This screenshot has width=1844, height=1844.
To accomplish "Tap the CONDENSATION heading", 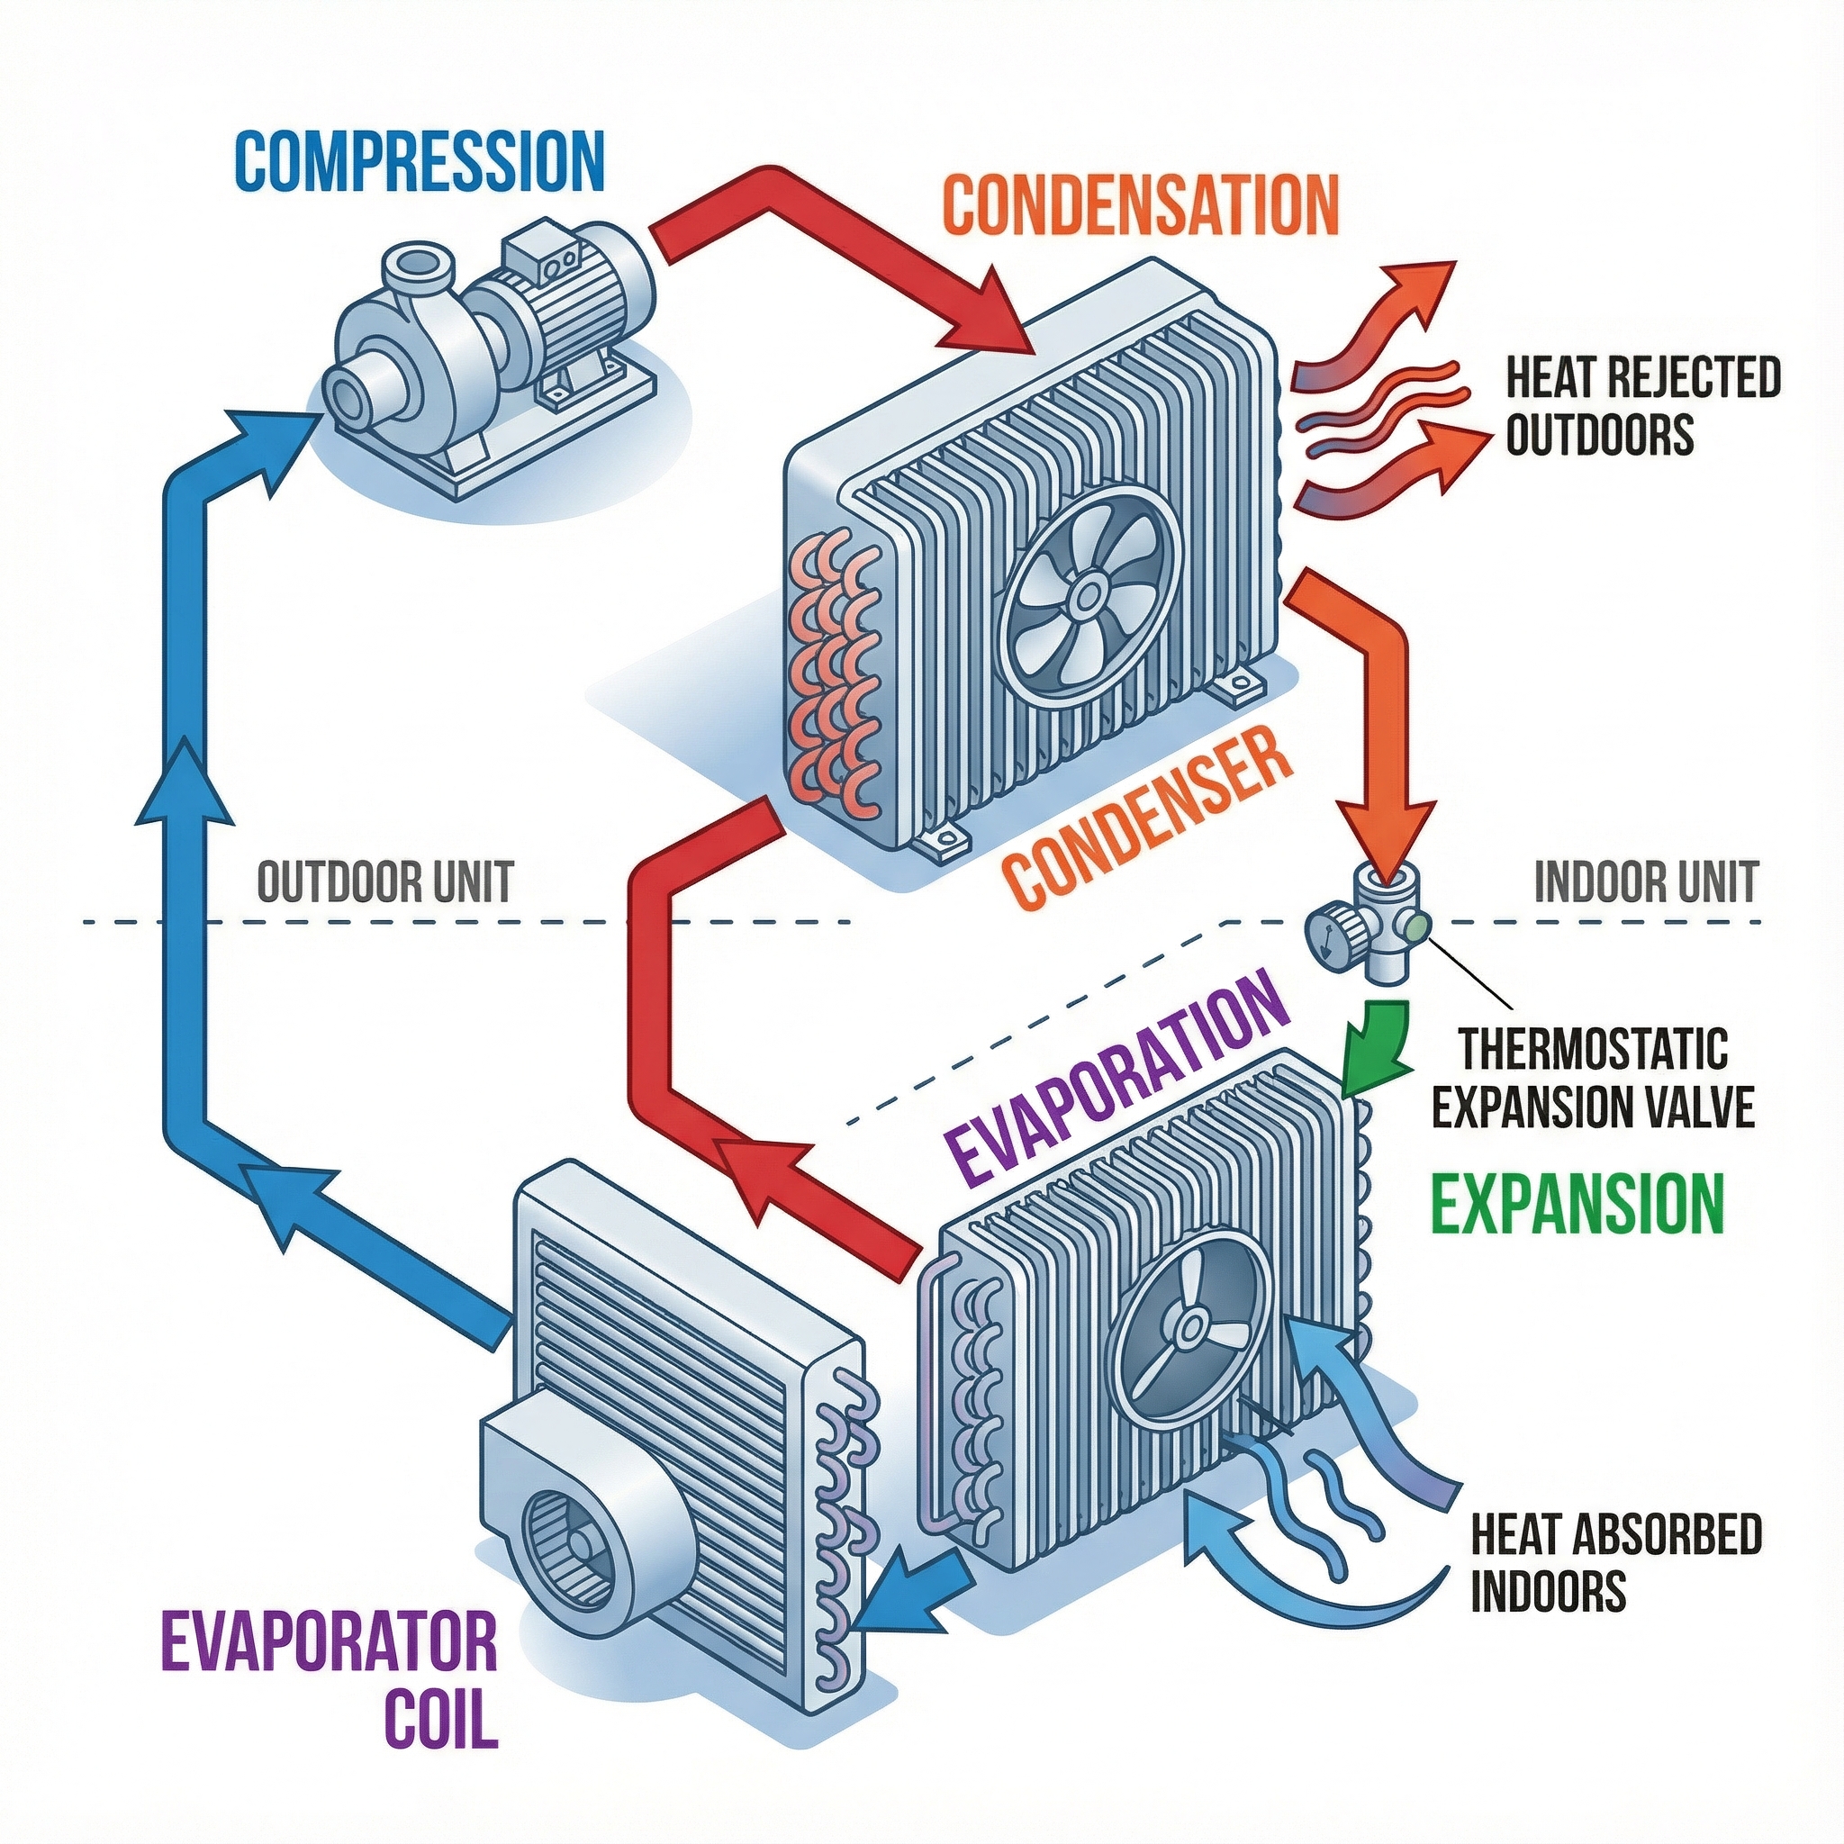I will click(1144, 203).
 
